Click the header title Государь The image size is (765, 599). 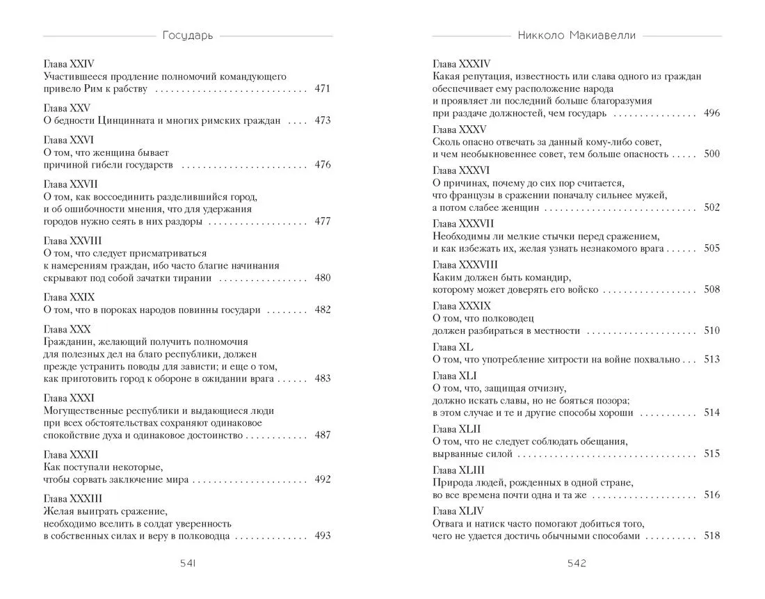click(188, 35)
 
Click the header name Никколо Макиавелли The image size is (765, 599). click(577, 35)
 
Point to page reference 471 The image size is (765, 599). click(322, 89)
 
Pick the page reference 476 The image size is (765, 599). click(322, 165)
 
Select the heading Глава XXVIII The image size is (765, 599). click(72, 240)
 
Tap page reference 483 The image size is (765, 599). click(322, 378)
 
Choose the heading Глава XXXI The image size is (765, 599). click(68, 398)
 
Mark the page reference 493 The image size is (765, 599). click(322, 536)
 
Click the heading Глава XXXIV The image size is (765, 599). click(461, 64)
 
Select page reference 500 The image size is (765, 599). click(711, 154)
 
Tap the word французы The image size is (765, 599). click(465, 195)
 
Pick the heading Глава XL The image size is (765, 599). click(452, 346)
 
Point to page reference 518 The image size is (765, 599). click(711, 536)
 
